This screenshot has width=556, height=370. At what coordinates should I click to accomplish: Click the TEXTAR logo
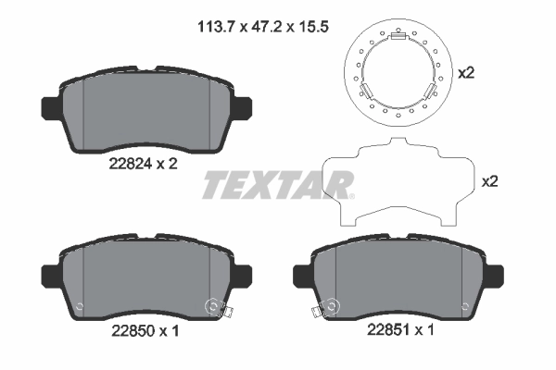point(278,186)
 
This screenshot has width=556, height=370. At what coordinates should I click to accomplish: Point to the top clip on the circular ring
point(398,37)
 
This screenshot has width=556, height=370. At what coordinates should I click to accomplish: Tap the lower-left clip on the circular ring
point(366,92)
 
